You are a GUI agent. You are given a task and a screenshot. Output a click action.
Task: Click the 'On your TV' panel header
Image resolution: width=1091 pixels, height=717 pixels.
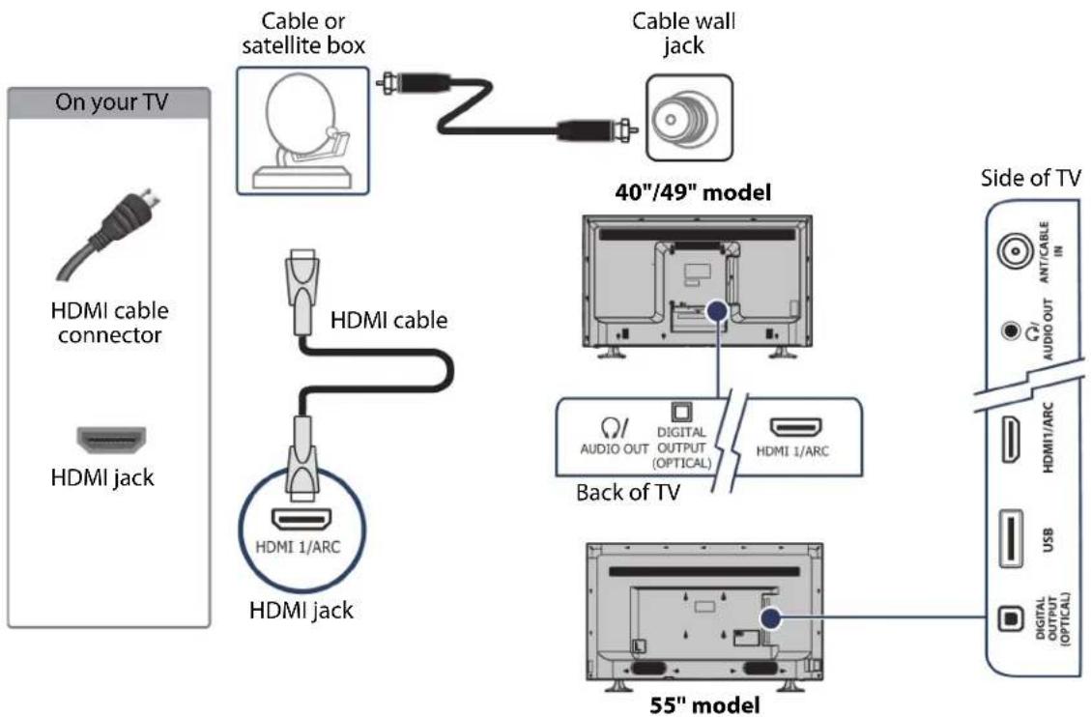[108, 102]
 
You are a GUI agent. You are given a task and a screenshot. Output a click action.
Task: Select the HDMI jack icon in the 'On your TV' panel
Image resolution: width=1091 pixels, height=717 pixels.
[111, 439]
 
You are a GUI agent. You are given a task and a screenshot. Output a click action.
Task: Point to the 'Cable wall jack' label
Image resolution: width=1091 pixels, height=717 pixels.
[683, 33]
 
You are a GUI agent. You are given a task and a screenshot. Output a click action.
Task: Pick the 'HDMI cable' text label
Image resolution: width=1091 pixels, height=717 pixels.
[388, 320]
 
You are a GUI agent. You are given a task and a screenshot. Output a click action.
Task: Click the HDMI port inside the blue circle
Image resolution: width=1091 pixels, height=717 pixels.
[301, 519]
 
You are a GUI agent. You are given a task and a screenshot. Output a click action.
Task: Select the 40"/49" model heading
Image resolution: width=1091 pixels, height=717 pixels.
[693, 192]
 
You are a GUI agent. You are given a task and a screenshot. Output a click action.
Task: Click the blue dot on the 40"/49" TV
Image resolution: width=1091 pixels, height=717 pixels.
[717, 311]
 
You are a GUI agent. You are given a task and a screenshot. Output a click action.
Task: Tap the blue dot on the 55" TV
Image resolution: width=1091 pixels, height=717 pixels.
[769, 618]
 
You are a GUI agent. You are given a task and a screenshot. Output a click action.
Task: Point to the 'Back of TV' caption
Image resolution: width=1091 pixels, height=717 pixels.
[627, 493]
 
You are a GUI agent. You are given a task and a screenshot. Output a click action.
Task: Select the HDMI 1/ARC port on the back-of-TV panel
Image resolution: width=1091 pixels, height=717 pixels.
[794, 427]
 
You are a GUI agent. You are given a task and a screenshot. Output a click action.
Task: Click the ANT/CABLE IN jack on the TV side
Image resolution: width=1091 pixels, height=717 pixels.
[1016, 252]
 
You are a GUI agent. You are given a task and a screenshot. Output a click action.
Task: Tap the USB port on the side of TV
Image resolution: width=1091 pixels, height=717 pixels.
[1011, 538]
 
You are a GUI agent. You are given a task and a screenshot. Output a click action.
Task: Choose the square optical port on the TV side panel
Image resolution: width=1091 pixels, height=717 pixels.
[1011, 617]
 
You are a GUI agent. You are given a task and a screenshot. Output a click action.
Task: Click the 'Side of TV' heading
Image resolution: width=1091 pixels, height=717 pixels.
[1030, 178]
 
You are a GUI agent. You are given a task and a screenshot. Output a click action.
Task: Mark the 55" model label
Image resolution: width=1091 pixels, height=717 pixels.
[704, 705]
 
